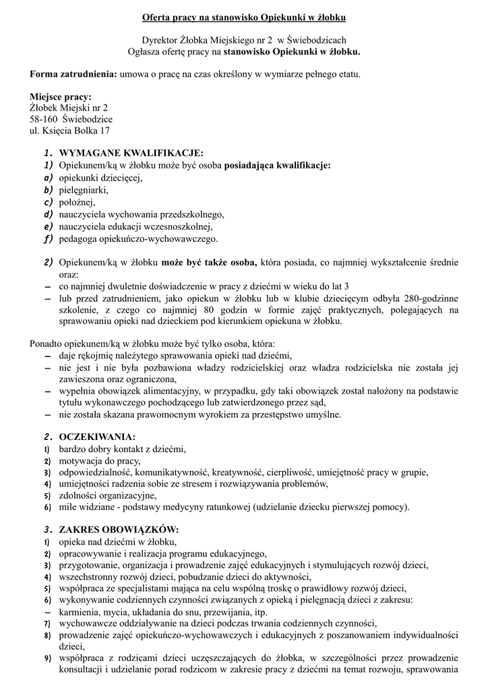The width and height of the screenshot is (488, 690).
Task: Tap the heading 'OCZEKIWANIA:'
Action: tap(97, 437)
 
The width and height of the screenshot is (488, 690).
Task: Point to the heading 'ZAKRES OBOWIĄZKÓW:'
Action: tap(119, 530)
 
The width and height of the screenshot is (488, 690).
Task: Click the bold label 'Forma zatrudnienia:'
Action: tap(73, 73)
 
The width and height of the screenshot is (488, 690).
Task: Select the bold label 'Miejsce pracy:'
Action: tap(61, 96)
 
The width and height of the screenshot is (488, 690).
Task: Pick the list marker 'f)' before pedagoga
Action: tap(48, 239)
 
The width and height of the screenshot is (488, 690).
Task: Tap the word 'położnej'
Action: tap(77, 202)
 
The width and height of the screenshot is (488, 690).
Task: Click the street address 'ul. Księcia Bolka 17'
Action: tap(69, 130)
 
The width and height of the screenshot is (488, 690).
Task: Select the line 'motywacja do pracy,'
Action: tap(99, 461)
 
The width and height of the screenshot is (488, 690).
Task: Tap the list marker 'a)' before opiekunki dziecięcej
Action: tap(48, 178)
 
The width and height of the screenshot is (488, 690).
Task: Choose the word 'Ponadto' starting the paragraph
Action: tap(47, 344)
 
